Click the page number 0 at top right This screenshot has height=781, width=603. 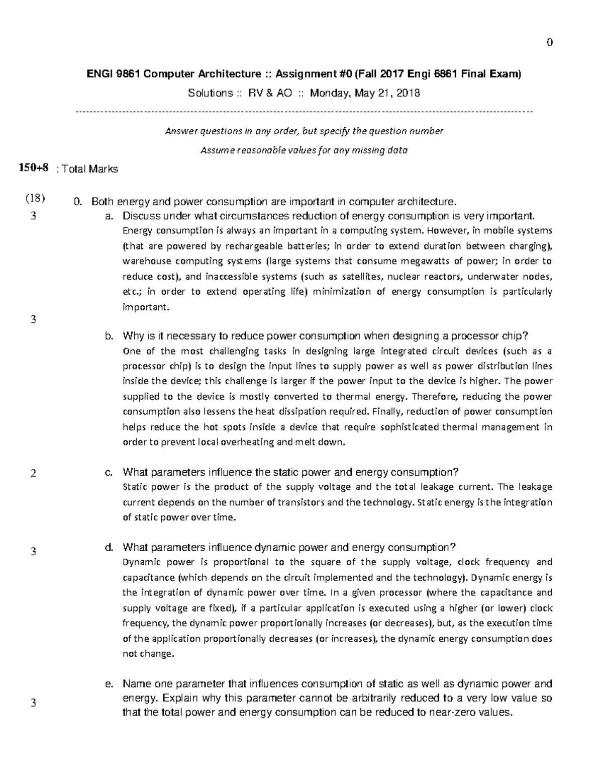550,43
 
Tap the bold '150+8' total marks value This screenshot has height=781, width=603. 34,168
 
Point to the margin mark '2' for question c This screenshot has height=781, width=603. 33,473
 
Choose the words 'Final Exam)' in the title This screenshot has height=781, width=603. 497,74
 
